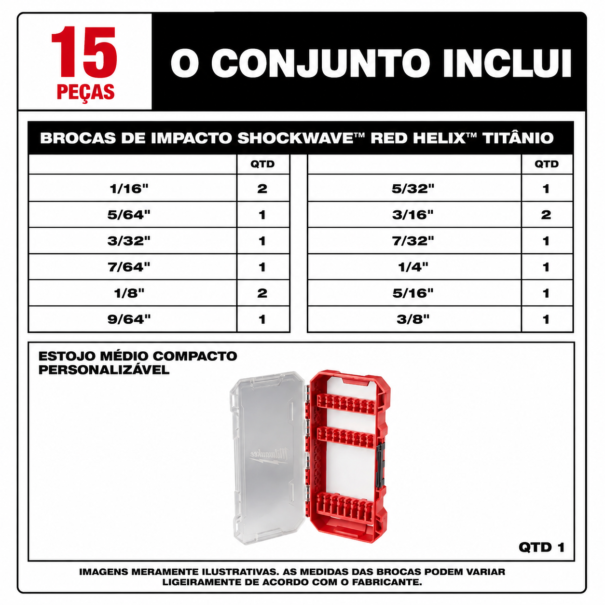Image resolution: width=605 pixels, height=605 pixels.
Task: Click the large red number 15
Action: [84, 52]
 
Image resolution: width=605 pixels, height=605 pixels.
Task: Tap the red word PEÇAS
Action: [85, 92]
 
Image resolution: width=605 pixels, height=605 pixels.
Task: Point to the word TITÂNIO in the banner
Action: [518, 138]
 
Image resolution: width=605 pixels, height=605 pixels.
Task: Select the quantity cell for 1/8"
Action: [263, 293]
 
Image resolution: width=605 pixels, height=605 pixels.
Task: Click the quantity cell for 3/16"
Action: [547, 215]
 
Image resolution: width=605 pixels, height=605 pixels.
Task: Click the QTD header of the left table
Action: [262, 164]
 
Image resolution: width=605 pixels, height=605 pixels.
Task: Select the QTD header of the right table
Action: [547, 164]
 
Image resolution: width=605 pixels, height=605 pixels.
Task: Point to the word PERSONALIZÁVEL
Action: [104, 370]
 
